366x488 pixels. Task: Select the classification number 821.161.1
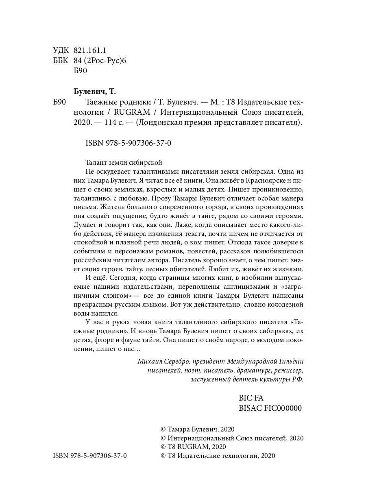90,50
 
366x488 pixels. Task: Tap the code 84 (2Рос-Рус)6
101,60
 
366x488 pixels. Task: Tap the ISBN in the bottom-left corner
90,456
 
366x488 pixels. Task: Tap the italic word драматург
253,370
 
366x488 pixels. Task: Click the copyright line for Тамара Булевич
198,429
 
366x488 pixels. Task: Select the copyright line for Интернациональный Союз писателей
232,438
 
